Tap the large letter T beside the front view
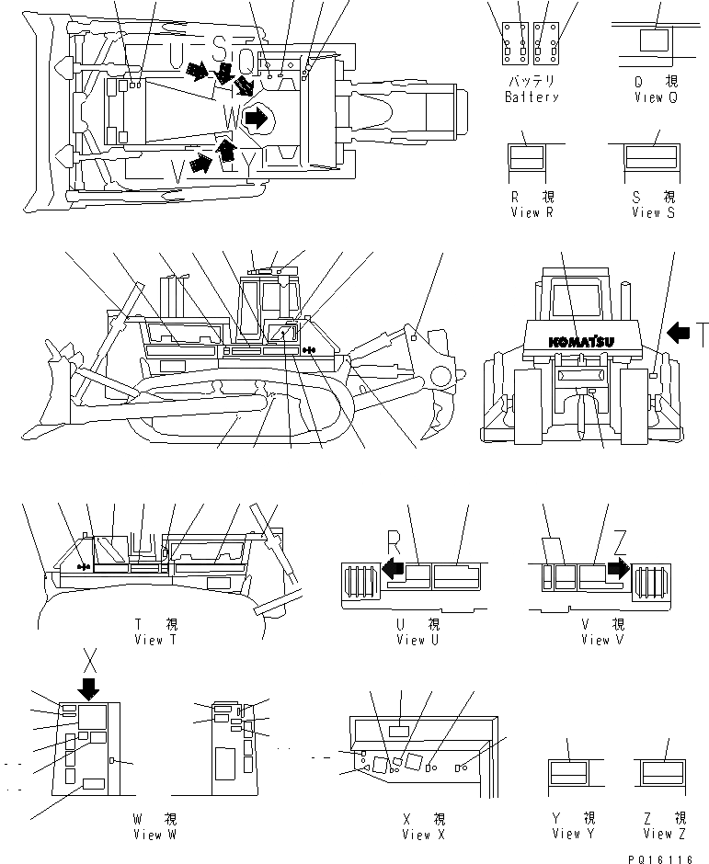pyautogui.click(x=701, y=335)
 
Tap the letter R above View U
pyautogui.click(x=395, y=539)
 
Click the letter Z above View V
pyautogui.click(x=622, y=540)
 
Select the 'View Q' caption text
pyautogui.click(x=655, y=97)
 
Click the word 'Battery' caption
pyautogui.click(x=532, y=97)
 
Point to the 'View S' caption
pyautogui.click(x=653, y=212)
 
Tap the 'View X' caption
pyautogui.click(x=424, y=835)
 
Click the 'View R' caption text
pyautogui.click(x=532, y=212)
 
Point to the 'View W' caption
pyautogui.click(x=154, y=835)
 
